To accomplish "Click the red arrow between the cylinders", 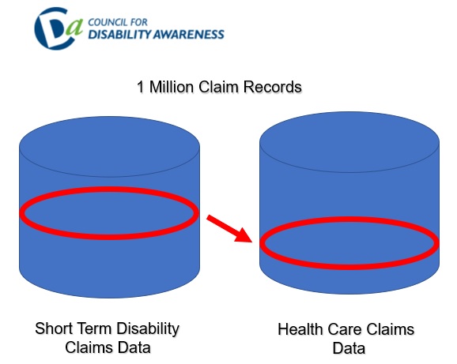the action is pos(229,229).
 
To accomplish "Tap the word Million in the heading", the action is pos(171,87).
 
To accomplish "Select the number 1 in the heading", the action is pos(141,87).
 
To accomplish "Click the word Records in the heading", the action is pos(273,87).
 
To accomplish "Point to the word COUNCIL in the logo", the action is pos(108,22).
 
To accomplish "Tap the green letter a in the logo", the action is pos(74,28).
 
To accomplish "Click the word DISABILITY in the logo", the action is pos(120,34).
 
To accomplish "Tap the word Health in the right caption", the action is pos(300,330).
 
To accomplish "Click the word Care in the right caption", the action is pos(345,330).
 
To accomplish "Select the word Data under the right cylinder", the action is pos(349,348).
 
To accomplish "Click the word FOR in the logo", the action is pos(138,22).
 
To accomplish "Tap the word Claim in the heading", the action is pos(218,87).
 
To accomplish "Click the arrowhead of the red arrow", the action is pos(244,236).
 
